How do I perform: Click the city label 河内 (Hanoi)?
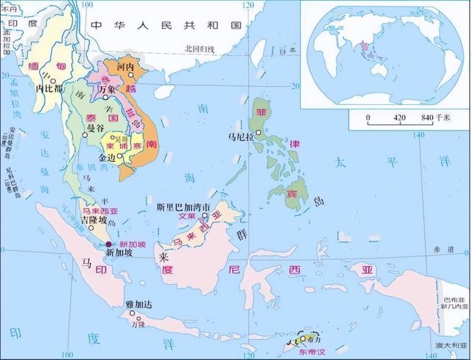tap(126, 67)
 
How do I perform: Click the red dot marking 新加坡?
tap(109, 245)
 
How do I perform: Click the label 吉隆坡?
tap(94, 220)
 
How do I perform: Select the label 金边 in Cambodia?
tap(108, 157)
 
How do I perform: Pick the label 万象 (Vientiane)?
tap(108, 89)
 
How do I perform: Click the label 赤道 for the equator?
tap(445, 248)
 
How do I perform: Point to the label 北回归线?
tap(199, 48)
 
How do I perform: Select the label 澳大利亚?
tap(447, 346)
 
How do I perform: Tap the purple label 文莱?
tap(186, 217)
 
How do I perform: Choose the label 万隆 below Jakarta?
tap(138, 324)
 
